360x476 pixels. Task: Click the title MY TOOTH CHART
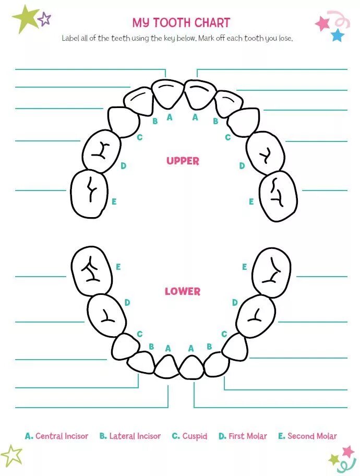(181, 22)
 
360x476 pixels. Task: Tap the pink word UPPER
(183, 161)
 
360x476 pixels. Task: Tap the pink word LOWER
(183, 291)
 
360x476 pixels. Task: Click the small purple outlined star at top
(45, 19)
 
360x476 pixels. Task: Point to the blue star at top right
(338, 35)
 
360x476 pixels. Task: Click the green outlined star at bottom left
(11, 455)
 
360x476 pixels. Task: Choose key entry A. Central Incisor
(56, 436)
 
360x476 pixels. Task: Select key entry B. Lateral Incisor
(130, 436)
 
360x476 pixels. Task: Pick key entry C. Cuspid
(189, 436)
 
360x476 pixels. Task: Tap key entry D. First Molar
(243, 436)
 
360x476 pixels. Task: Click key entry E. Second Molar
(307, 436)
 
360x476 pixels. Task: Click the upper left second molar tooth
(89, 194)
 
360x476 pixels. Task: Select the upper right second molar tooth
(278, 196)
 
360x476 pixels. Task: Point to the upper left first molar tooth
(101, 152)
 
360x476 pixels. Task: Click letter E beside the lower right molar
(244, 267)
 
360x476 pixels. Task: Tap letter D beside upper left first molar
(124, 166)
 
